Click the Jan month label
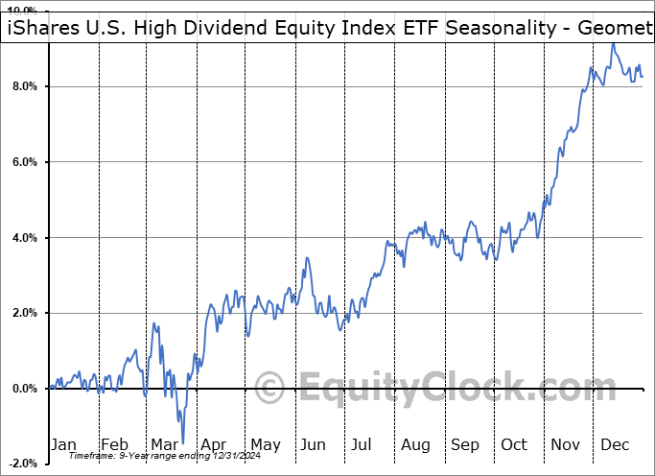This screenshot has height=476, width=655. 63,444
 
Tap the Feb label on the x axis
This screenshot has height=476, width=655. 115,444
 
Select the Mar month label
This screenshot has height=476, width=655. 164,444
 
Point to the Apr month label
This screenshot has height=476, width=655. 215,444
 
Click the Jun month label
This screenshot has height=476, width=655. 313,444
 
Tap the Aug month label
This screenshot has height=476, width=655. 416,444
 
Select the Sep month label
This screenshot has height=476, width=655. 465,444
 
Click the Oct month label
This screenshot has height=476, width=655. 515,444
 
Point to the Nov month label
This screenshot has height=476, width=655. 566,444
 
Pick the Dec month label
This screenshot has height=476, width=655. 616,444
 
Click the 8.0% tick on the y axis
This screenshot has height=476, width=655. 25,86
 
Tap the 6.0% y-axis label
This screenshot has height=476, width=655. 25,162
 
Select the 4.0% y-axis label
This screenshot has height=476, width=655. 25,237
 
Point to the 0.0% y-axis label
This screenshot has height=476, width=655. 25,389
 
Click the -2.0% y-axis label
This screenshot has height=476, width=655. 23,464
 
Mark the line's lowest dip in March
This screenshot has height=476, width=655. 182,441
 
